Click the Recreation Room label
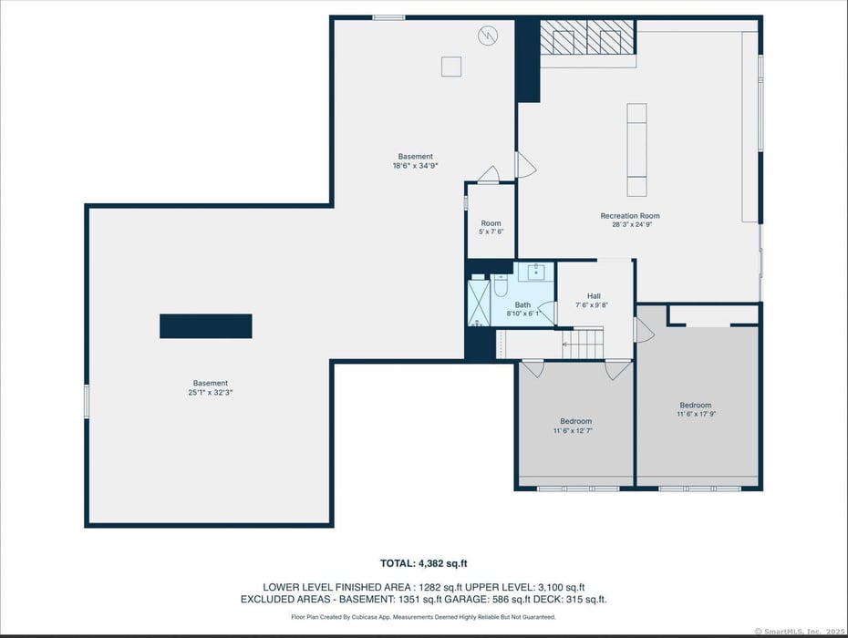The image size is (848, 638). tap(629, 216)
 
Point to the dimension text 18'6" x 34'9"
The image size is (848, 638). tap(415, 166)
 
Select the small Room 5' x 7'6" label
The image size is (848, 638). tap(491, 223)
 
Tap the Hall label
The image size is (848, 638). tap(594, 295)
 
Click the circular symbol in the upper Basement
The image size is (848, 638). tap(489, 36)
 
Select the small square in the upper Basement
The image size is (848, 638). tap(451, 67)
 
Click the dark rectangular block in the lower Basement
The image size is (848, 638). tap(205, 326)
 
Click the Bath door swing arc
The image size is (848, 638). tap(546, 309)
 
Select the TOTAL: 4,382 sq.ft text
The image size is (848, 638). tap(423, 563)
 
